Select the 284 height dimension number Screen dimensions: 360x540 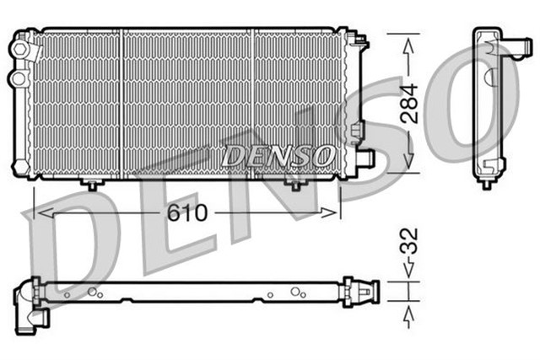pyautogui.click(x=409, y=104)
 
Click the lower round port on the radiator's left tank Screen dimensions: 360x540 pyautogui.click(x=19, y=78)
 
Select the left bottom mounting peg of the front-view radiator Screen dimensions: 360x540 pyautogui.click(x=89, y=183)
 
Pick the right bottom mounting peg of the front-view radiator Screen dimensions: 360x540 pyautogui.click(x=294, y=183)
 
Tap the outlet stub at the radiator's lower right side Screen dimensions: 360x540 pyautogui.click(x=365, y=158)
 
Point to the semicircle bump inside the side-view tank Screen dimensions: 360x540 pyautogui.click(x=489, y=76)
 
